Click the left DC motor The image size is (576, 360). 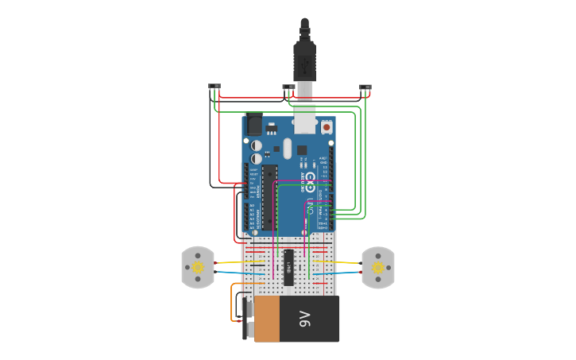198,268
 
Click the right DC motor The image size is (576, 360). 377,268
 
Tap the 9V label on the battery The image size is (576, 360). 303,319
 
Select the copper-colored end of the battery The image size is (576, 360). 266,319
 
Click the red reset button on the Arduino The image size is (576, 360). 326,126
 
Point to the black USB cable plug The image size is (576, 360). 304,60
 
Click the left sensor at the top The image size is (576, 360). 214,87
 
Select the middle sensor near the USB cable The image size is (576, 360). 288,87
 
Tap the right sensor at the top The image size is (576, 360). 365,87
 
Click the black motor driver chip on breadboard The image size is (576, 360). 289,267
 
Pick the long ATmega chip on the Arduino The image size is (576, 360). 269,195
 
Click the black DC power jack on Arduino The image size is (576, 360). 253,124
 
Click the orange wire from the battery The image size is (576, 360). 233,302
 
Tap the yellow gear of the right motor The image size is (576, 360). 377,268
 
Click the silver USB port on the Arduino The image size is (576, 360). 304,122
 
